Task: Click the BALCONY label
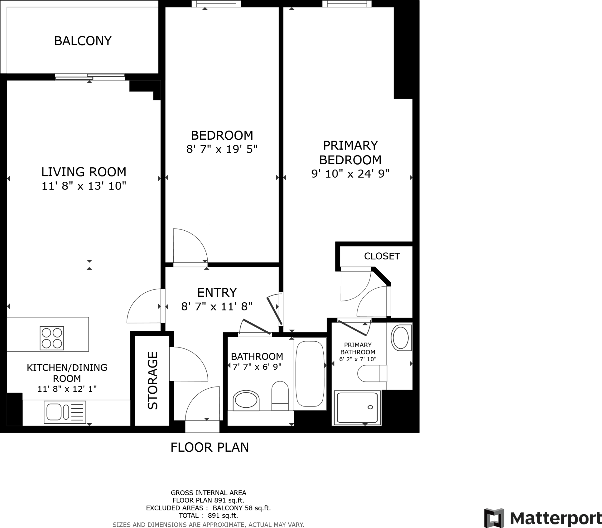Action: [x=83, y=41]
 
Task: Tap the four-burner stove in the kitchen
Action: [x=52, y=338]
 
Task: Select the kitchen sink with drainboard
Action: [x=65, y=412]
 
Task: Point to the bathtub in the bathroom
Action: [x=310, y=374]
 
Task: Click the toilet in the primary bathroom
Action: [x=372, y=374]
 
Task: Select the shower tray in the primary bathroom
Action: [x=357, y=408]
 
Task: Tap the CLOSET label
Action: [x=382, y=256]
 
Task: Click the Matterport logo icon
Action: [x=494, y=518]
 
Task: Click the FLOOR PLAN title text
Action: [x=209, y=447]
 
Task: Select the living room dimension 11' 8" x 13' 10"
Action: [x=84, y=186]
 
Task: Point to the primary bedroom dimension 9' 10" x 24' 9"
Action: [x=350, y=174]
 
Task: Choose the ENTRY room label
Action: [x=217, y=292]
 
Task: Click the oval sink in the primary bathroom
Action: [x=401, y=338]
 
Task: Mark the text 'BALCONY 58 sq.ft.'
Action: [x=242, y=508]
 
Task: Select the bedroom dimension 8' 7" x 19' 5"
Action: [x=222, y=149]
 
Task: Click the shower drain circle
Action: [x=370, y=407]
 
